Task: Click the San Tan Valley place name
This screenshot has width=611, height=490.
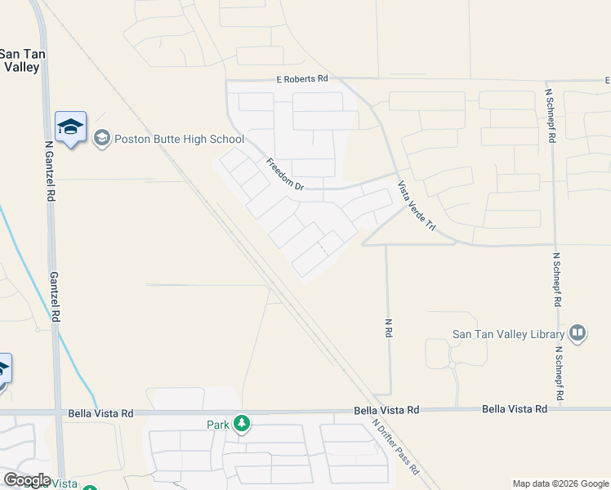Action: pos(21,60)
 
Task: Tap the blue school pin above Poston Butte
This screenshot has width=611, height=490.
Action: pos(70,127)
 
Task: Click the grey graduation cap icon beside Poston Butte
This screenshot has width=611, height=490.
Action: pos(102,137)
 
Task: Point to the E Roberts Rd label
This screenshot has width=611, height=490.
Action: pos(301,78)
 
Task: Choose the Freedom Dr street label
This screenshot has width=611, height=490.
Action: pos(285,175)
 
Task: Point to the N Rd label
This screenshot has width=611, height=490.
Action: pos(390,327)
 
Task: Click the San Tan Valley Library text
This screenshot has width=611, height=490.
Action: pos(509,334)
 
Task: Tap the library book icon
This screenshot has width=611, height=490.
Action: pos(578,332)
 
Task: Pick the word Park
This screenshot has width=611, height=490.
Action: pos(217,424)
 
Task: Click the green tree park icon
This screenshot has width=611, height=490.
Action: pos(241,423)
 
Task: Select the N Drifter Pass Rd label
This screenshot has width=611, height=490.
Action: pos(395,447)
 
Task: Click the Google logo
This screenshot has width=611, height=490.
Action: pos(27,479)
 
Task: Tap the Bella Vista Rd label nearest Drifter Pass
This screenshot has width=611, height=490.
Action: pos(386,409)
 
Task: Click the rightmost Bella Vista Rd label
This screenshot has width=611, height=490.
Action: pos(514,408)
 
